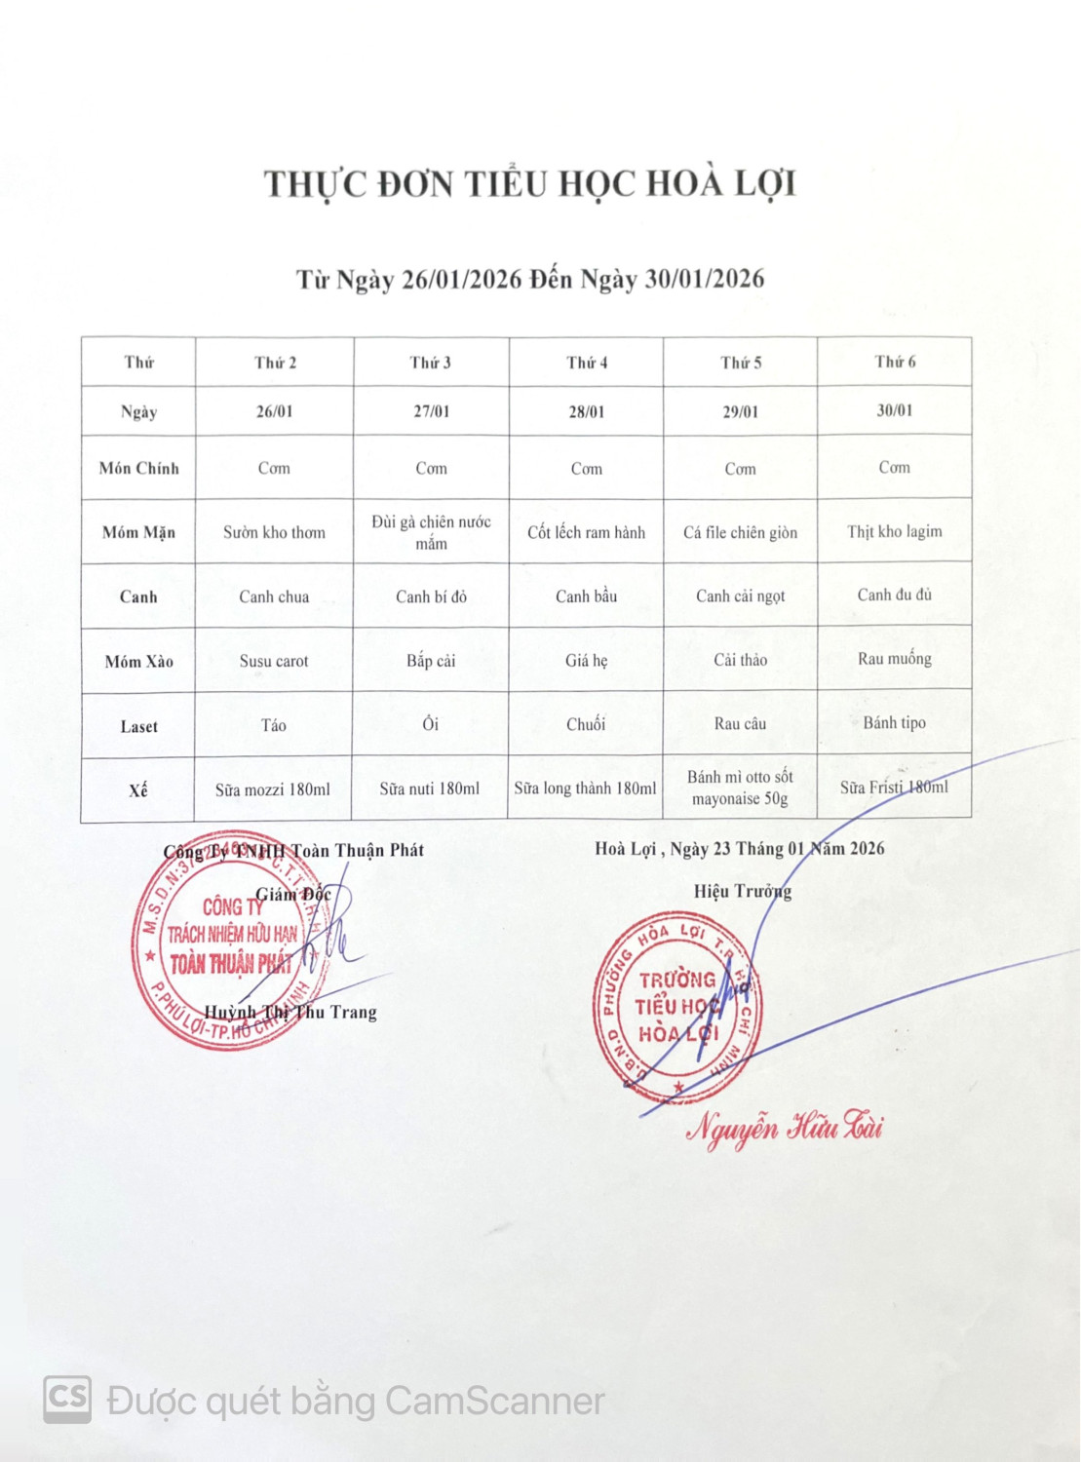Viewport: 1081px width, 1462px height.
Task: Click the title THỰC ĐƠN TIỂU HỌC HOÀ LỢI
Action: click(530, 184)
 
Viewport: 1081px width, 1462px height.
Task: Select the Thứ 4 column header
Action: click(587, 363)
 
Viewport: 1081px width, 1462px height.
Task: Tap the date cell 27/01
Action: click(431, 411)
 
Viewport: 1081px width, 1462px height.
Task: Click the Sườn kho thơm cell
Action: click(274, 532)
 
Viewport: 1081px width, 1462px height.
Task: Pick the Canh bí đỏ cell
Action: click(431, 596)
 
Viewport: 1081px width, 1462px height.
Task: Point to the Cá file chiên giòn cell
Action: click(740, 532)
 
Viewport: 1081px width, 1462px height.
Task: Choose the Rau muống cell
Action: click(894, 659)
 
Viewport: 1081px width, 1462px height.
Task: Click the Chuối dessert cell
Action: click(586, 724)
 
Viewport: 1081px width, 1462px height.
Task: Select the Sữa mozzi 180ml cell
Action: click(273, 789)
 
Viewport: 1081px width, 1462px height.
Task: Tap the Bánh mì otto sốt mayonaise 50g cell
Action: click(740, 788)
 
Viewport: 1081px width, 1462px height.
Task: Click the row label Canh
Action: click(138, 596)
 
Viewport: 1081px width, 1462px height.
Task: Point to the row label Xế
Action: click(138, 790)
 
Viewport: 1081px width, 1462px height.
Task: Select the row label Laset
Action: click(138, 726)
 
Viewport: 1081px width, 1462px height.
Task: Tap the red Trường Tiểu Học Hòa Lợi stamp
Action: click(676, 1007)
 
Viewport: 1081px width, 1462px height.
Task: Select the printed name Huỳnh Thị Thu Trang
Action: click(290, 1012)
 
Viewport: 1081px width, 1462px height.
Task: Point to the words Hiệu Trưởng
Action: click(742, 891)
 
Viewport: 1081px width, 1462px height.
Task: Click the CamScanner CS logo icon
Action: click(67, 1399)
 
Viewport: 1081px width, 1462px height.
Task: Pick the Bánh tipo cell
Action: click(894, 722)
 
